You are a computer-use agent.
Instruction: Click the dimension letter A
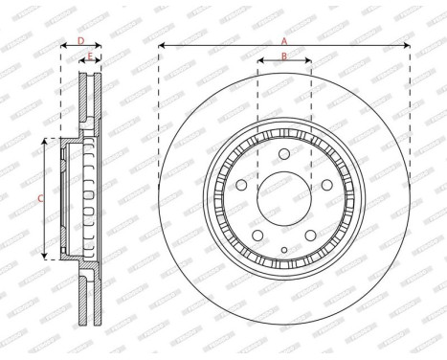point(284,40)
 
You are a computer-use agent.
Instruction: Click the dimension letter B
point(284,56)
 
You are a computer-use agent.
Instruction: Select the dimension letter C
point(39,198)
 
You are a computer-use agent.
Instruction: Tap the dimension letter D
point(80,40)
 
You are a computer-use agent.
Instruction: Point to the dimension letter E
point(90,56)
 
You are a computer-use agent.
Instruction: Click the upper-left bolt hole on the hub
point(243,185)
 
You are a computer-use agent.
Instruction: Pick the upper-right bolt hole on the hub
point(325,185)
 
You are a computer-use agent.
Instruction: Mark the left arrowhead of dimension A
point(162,45)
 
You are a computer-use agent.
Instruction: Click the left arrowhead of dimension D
point(63,45)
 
